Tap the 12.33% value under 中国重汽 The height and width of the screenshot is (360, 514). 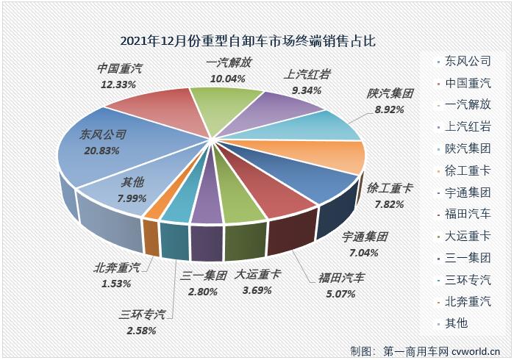118,85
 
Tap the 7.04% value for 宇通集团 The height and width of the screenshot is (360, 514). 363,252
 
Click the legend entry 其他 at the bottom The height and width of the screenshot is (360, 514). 451,323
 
